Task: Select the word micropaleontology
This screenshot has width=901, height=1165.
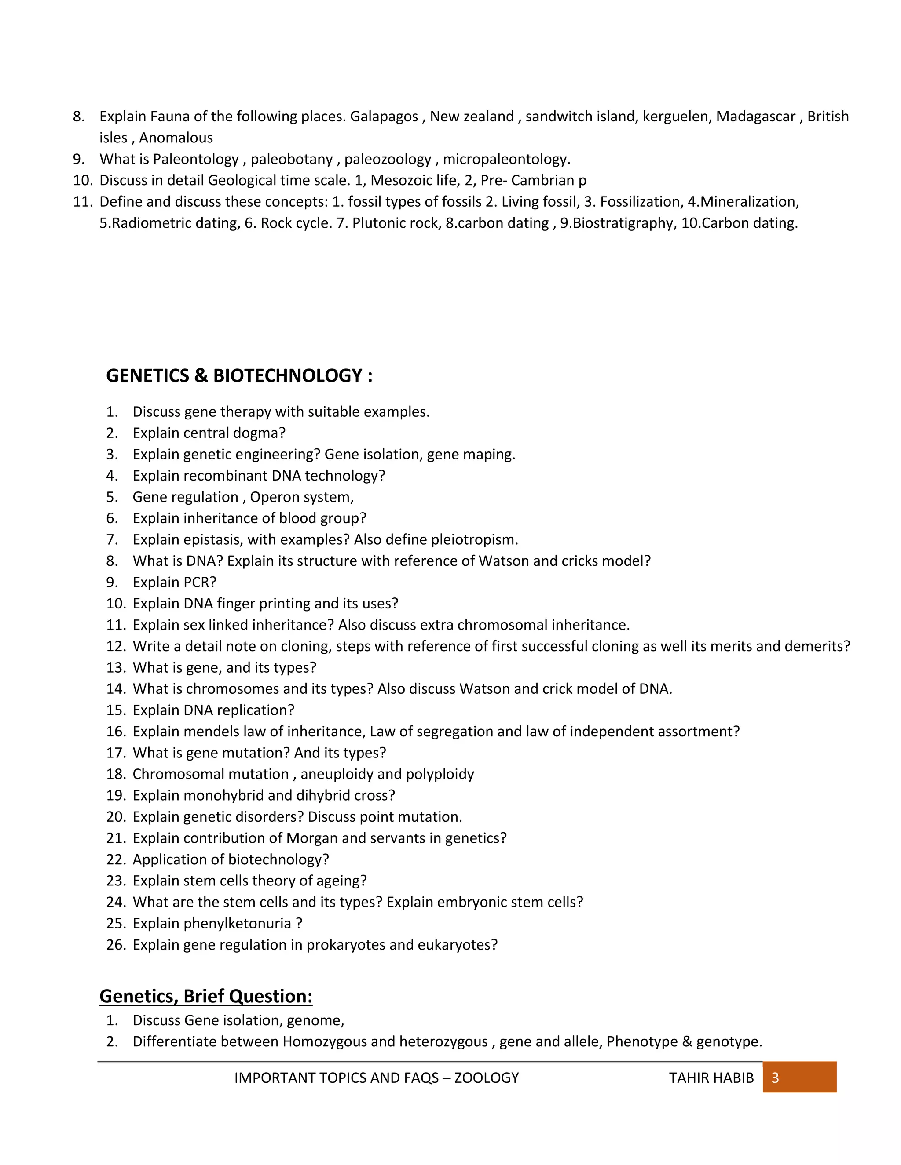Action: point(506,159)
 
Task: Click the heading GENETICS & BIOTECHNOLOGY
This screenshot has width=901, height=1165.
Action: point(239,375)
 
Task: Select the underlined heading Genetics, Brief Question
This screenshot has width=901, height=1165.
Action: point(205,996)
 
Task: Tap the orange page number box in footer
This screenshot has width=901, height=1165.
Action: point(799,1078)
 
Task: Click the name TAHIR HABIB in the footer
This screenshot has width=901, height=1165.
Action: point(711,1078)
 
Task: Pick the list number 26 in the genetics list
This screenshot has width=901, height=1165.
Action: point(115,945)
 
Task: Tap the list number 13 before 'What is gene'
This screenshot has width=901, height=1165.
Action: point(115,667)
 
